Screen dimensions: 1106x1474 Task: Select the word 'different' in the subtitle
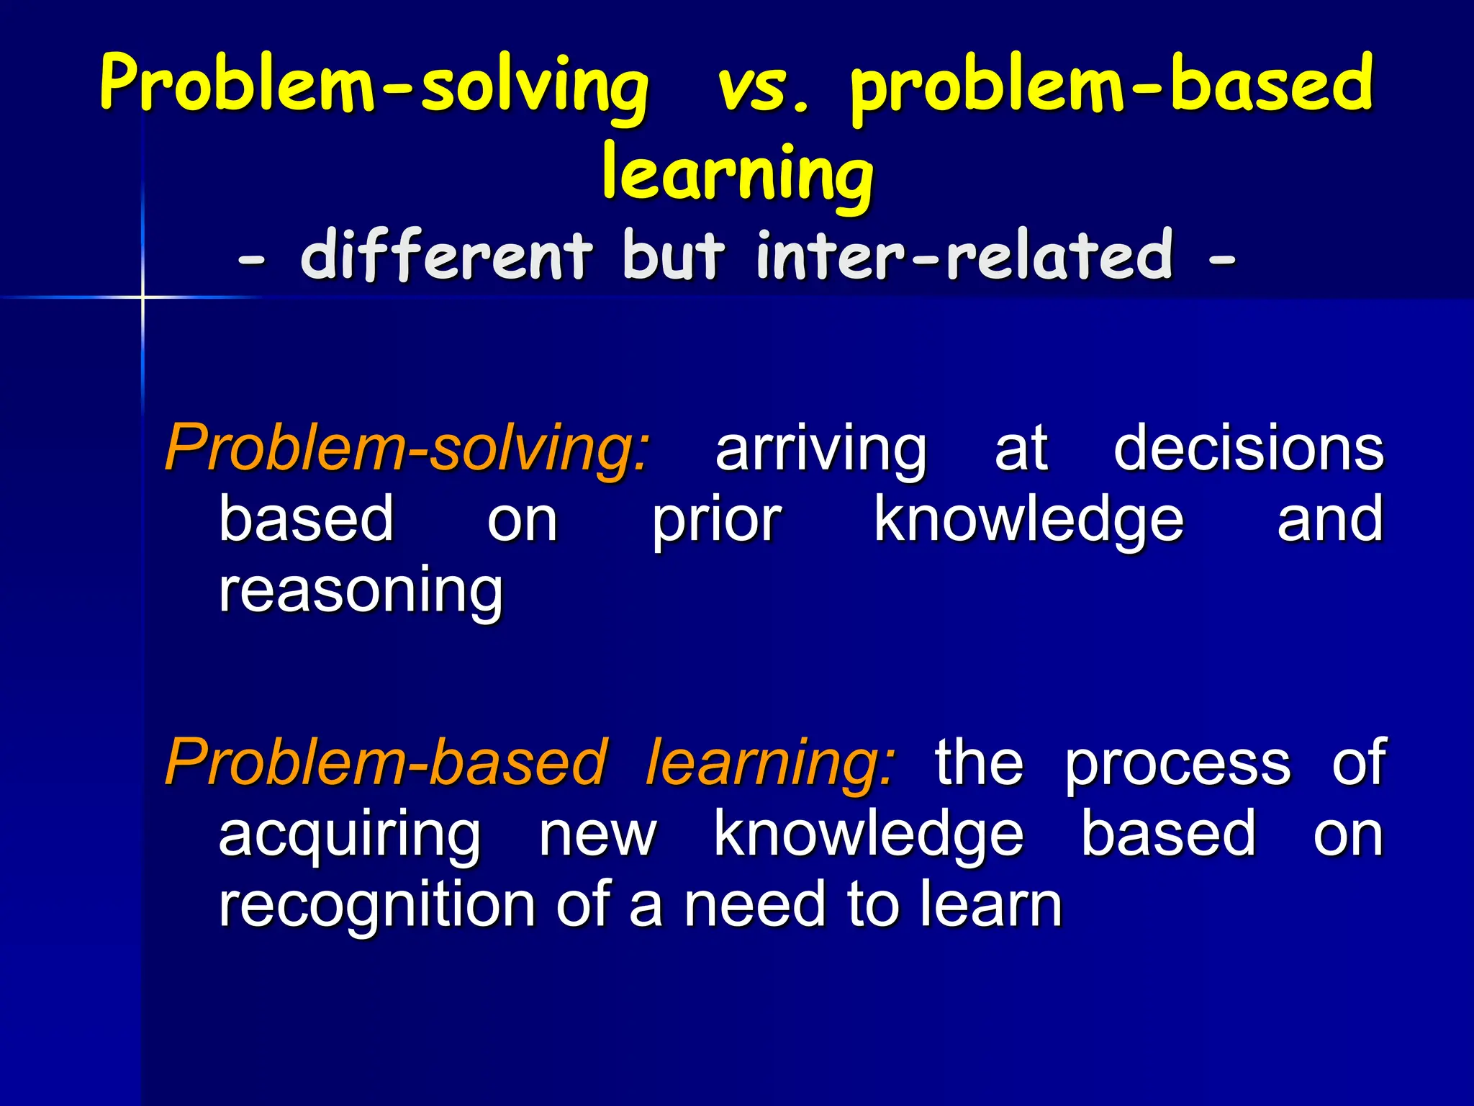[446, 256]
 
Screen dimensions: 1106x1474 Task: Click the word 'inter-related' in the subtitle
[964, 256]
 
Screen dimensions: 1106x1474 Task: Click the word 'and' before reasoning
[1330, 520]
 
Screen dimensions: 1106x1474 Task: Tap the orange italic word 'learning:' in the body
[770, 763]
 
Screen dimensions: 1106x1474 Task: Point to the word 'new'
[597, 835]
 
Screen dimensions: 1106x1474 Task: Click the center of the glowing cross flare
[143, 297]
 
